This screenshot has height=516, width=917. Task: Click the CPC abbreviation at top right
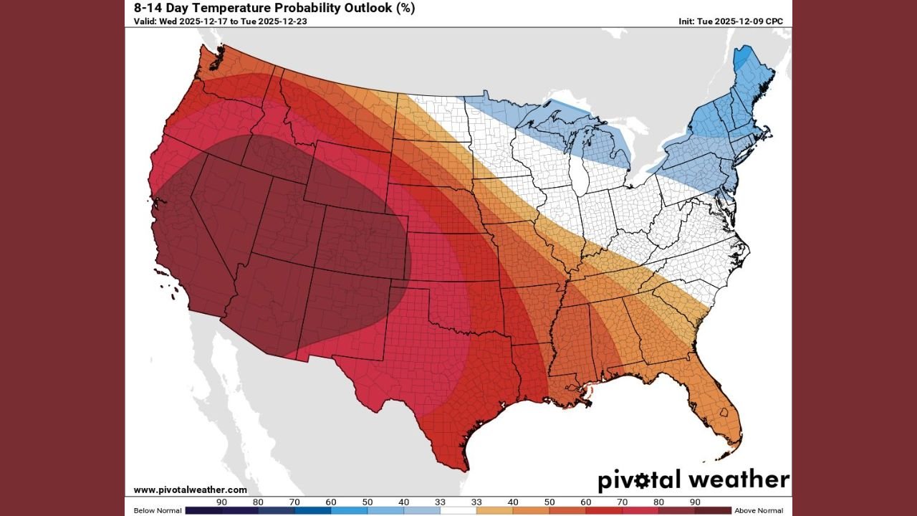click(x=774, y=21)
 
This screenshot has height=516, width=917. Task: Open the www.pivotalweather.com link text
click(x=190, y=489)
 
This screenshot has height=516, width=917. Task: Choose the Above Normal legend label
click(x=759, y=510)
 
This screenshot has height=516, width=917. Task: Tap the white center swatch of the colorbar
click(x=458, y=510)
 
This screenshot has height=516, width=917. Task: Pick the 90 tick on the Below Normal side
click(x=222, y=502)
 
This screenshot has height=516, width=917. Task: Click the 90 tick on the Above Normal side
click(x=694, y=502)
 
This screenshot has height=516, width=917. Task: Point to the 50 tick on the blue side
click(x=368, y=502)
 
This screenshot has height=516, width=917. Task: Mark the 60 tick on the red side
click(x=585, y=502)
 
